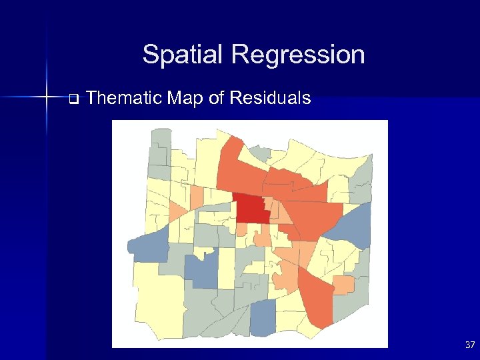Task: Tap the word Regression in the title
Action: point(294,54)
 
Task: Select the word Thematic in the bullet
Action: point(125,99)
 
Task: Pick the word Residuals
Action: point(270,99)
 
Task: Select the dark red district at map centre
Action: point(252,210)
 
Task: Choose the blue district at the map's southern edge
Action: point(263,317)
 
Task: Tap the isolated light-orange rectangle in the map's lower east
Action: point(343,285)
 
